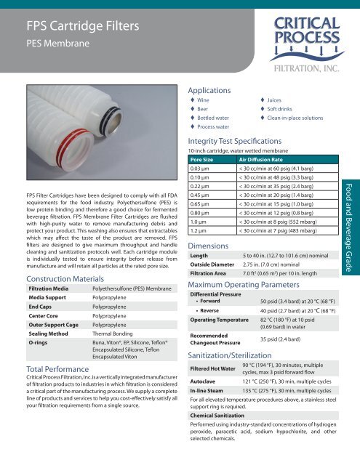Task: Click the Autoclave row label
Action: coord(202,400)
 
